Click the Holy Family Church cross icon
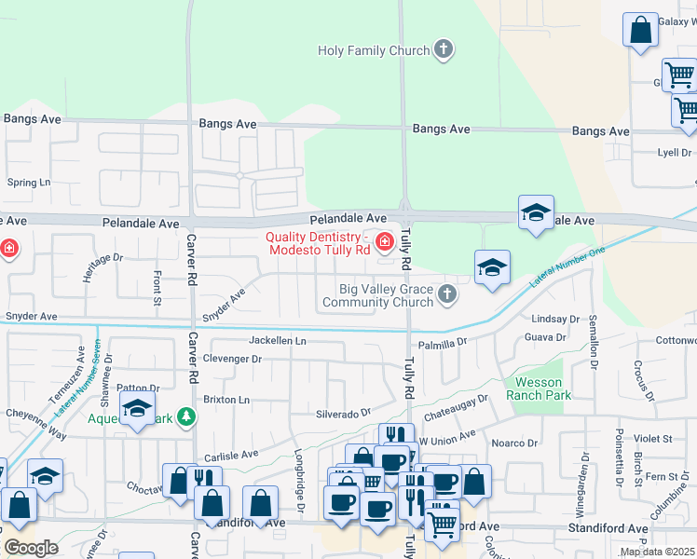pos(444,50)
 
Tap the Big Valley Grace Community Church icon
pos(447,294)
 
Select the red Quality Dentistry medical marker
pos(383,243)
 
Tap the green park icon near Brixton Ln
pos(186,417)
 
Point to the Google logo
pos(31,548)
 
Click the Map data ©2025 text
pos(656,552)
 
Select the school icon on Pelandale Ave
pos(536,213)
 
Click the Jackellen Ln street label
pos(277,341)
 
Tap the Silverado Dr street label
pos(343,412)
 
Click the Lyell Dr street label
pos(674,152)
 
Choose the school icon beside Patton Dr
pos(137,409)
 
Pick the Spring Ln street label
pos(29,183)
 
